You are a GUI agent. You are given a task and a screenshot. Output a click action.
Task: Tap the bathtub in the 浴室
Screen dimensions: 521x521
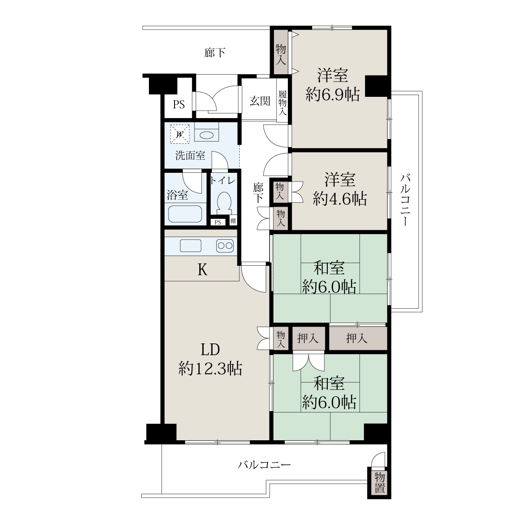pos(185,214)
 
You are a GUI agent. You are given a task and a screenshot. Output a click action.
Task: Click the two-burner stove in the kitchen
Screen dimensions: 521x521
pos(225,246)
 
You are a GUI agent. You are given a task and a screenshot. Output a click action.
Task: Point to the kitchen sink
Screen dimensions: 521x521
pos(191,246)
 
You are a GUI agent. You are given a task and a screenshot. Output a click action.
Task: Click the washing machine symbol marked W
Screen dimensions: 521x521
pos(179,134)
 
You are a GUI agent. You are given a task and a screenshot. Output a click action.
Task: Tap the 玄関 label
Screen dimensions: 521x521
pos(260,101)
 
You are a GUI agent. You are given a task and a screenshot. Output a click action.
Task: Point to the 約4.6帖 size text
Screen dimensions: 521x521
pos(340,199)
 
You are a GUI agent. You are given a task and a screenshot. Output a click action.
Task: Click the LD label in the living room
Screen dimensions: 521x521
pos(210,350)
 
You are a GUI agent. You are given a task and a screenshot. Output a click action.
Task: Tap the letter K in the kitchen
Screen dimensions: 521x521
pos(202,270)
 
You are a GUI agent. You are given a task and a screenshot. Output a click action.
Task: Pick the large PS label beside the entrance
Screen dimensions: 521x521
pos(179,104)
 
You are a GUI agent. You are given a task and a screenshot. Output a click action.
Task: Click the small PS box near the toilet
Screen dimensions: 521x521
pos(218,222)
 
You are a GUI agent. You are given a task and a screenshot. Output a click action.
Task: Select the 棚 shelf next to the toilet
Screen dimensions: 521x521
pos(233,221)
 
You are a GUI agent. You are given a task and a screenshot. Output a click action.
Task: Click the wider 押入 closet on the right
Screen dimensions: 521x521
pos(358,338)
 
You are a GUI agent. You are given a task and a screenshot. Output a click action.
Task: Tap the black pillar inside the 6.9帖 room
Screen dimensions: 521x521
pos(376,86)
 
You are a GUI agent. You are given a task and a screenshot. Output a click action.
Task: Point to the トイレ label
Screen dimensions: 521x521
pos(223,180)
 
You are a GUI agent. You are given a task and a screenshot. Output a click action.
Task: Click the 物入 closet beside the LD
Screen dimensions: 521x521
pos(280,340)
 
